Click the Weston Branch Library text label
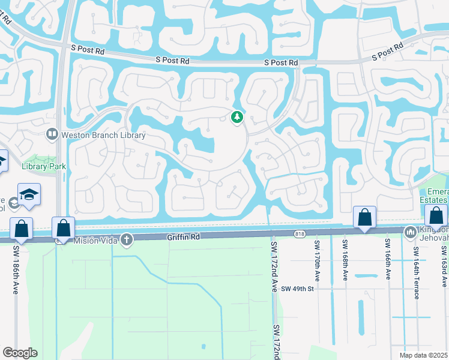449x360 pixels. pos(103,136)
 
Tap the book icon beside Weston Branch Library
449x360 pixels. pos(52,135)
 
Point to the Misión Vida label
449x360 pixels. pos(94,240)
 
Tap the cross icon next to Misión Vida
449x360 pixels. pos(126,240)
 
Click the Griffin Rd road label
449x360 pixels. pos(184,238)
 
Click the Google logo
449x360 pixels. pos(20,353)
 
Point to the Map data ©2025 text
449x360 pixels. pos(424,355)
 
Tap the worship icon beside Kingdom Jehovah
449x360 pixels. pos(411,231)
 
